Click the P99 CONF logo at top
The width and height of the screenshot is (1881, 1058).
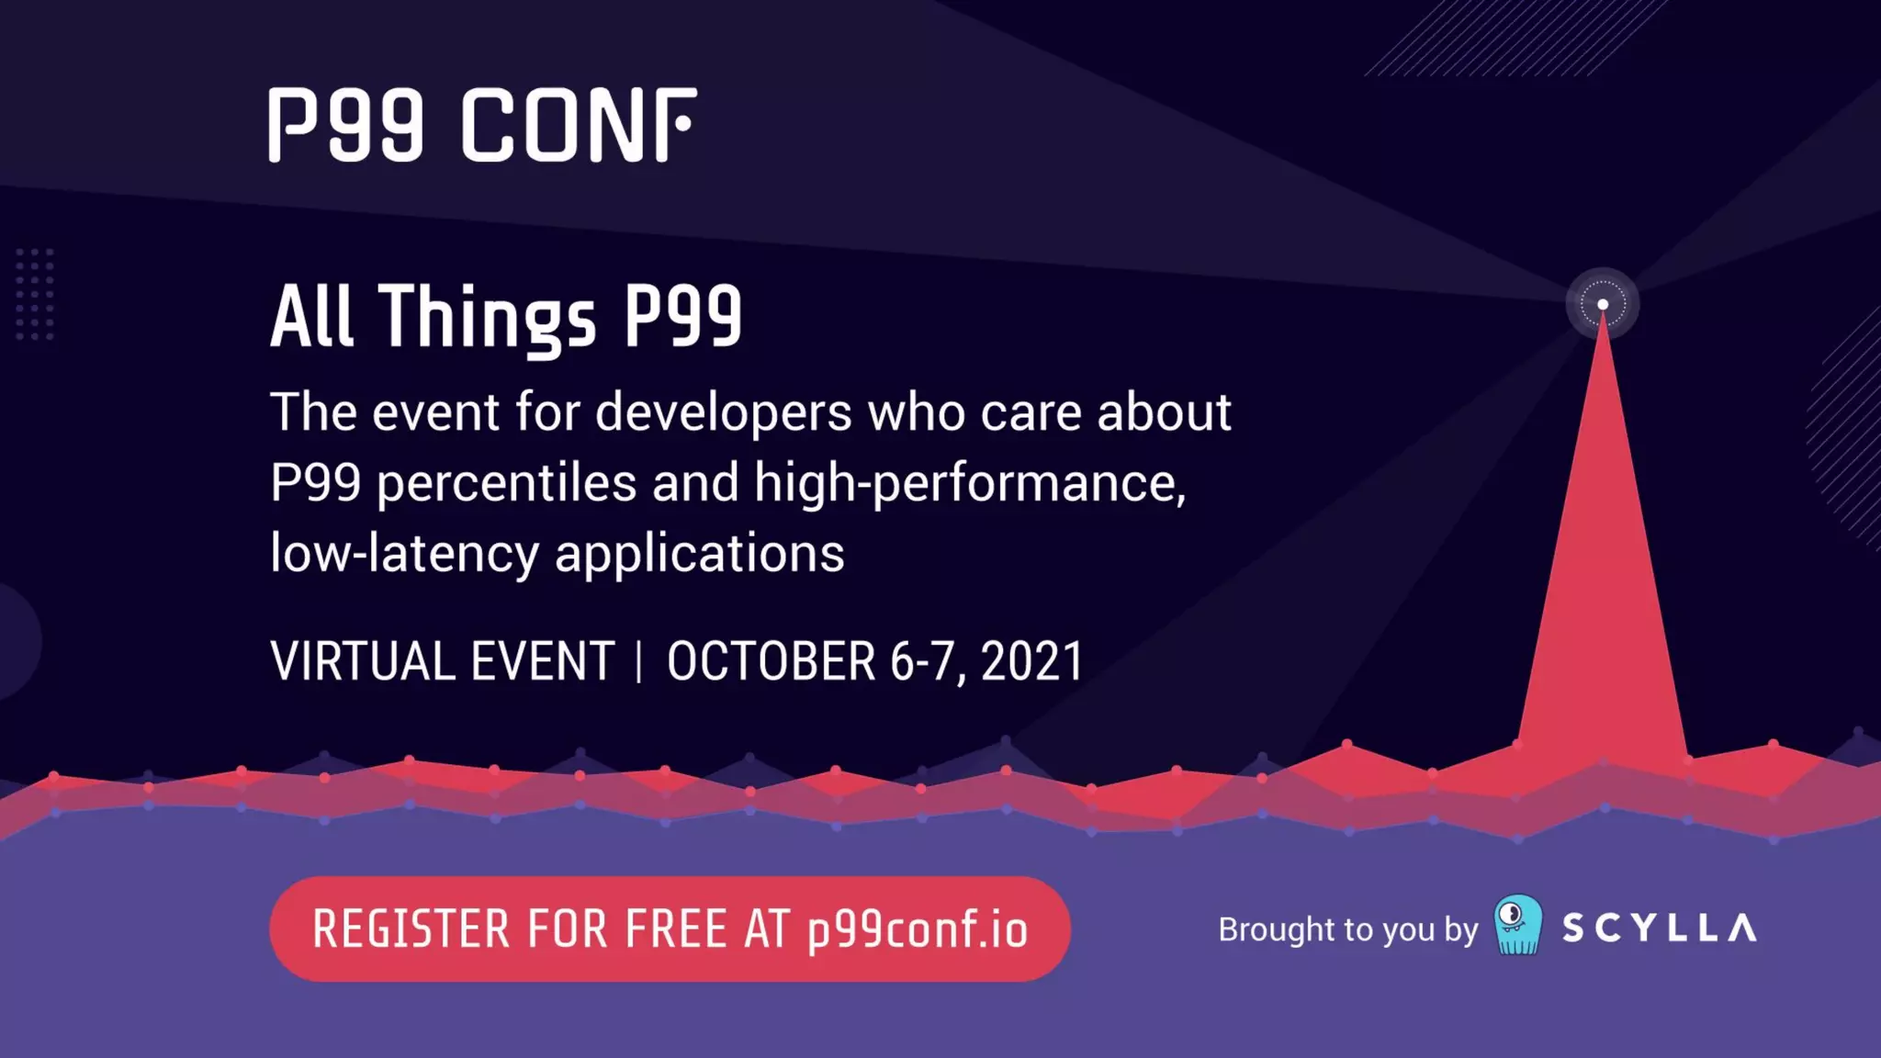(482, 126)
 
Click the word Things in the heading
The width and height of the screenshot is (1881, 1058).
(488, 317)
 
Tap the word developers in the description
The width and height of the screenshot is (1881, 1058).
(723, 412)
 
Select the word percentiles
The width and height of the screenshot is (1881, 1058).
(506, 483)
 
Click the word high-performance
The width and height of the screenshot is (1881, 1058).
(969, 483)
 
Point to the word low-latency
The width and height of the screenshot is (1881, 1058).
(404, 554)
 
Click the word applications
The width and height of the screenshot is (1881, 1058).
(699, 554)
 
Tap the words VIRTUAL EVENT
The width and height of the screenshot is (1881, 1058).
(442, 661)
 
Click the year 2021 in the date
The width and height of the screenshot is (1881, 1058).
(1032, 661)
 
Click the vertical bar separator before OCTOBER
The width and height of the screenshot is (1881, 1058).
(639, 662)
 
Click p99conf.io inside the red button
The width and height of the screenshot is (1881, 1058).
(918, 929)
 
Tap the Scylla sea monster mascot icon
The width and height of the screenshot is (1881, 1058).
(1518, 925)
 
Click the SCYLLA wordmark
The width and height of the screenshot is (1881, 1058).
(1660, 929)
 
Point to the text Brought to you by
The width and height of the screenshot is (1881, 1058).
(1347, 929)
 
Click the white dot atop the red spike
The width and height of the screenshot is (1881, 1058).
(1603, 304)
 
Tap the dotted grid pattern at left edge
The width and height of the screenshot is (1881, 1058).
(35, 294)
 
